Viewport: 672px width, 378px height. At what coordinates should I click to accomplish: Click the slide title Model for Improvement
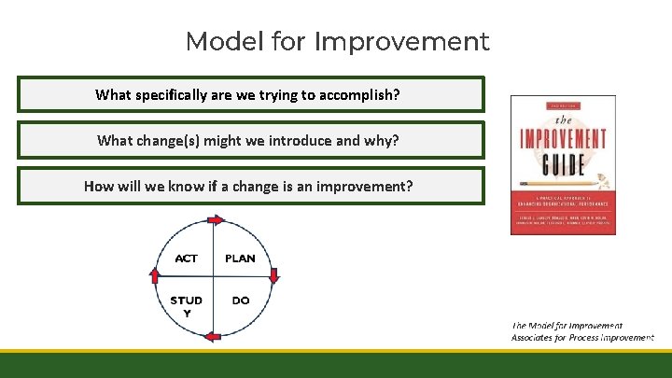[x=337, y=42]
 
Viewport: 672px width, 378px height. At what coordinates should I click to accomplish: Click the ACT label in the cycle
[x=187, y=259]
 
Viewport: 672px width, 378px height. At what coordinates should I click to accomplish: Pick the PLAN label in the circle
[x=240, y=259]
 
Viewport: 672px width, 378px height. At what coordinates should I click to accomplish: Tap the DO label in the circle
[x=240, y=301]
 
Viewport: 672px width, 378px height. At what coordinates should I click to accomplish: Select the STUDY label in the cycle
[x=187, y=305]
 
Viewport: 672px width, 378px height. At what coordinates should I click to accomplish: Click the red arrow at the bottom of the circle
[x=213, y=336]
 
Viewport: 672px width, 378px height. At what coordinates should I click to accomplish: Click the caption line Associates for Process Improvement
[x=582, y=338]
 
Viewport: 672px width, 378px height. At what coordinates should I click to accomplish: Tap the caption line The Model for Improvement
[x=567, y=326]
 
